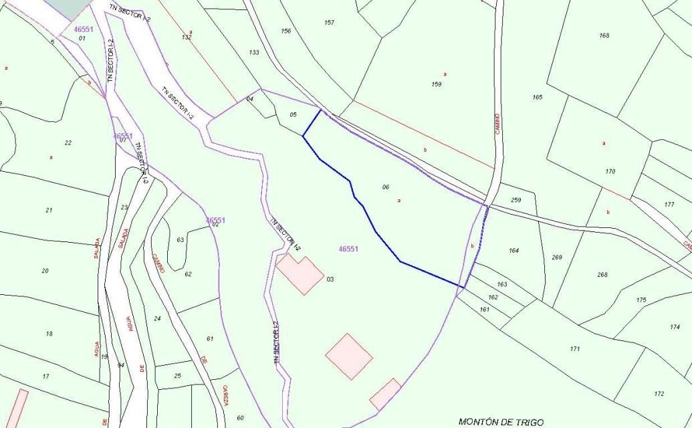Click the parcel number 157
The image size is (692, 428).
pos(329,23)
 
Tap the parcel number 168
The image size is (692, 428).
pos(604,35)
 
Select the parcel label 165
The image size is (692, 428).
pos(538,98)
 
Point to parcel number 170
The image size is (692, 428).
pos(610,172)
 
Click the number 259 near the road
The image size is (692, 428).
pos(515,200)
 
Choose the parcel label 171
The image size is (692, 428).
pos(575,349)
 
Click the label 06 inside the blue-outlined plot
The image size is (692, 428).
pos(386,187)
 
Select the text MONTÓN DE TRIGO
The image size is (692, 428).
pos(501,421)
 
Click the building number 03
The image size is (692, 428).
pos(330,280)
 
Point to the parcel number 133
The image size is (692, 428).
pos(254,52)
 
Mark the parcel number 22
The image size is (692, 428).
pos(68,142)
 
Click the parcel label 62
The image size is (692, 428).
pos(188,274)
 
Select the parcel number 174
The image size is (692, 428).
pos(675,327)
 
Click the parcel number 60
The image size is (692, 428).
pos(240,419)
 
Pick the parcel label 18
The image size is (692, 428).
pos(49,334)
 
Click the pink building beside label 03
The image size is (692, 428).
pos(300,274)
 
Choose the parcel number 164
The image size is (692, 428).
pos(513,251)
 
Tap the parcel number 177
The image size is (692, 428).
pos(669,204)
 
